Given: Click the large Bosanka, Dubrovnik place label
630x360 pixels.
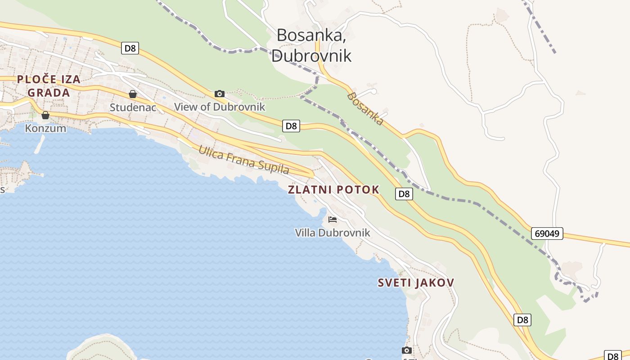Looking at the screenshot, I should (311, 45).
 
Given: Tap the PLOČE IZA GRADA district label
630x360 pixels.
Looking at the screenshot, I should (49, 86).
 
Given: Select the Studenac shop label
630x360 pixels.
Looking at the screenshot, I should (133, 108).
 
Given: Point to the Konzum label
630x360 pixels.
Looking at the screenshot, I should (45, 128).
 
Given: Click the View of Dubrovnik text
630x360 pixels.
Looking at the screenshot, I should (220, 107).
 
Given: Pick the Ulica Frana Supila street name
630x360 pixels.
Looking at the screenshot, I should (243, 160).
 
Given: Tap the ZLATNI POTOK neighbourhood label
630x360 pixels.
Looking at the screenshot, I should (333, 189).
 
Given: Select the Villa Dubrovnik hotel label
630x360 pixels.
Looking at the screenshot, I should (333, 233).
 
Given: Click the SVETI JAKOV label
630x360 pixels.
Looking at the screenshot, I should (416, 283).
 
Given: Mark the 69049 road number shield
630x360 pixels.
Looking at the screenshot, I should (547, 234).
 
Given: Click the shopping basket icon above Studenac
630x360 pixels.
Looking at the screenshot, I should (133, 94).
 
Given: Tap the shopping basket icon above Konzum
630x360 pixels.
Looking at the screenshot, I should (45, 115).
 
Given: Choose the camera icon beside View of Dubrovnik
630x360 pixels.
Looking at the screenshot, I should (220, 94).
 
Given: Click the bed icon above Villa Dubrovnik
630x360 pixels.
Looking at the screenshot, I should (333, 219).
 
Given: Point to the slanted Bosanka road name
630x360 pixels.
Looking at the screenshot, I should (365, 108).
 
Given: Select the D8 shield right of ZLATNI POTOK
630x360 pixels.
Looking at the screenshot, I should (404, 194).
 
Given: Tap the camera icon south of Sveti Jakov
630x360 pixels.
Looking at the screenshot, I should (407, 350).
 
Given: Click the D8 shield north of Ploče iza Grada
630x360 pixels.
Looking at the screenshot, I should (130, 48).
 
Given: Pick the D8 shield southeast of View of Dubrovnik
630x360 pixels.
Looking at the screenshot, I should (292, 126).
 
